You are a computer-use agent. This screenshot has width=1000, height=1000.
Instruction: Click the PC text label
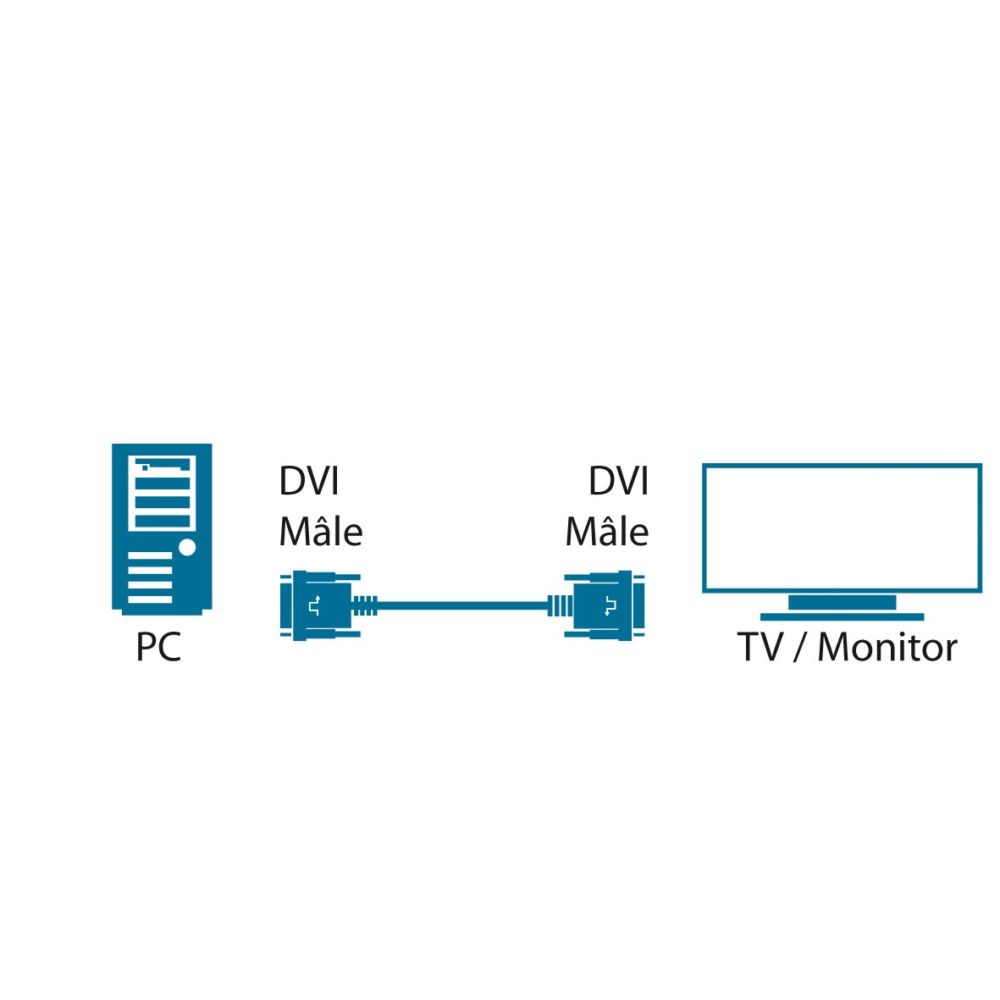pyautogui.click(x=158, y=649)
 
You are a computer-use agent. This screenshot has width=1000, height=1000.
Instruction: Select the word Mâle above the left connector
pyautogui.click(x=321, y=533)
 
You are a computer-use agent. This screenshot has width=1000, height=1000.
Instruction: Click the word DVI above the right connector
pyautogui.click(x=618, y=483)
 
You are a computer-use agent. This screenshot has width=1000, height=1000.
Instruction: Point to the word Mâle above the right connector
pyautogui.click(x=606, y=533)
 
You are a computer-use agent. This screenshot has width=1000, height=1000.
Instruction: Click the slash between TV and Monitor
pyautogui.click(x=800, y=648)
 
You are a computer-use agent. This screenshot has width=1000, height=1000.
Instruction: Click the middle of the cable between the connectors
pyautogui.click(x=462, y=605)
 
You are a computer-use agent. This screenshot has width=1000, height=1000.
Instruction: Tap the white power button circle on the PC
pyautogui.click(x=187, y=548)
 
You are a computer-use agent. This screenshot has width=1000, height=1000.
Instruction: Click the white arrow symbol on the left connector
pyautogui.click(x=314, y=605)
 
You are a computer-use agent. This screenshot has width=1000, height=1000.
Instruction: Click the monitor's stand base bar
pyautogui.click(x=842, y=617)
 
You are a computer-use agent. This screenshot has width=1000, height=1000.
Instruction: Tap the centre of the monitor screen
pyautogui.click(x=842, y=528)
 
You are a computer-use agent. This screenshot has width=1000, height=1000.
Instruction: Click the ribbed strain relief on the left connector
pyautogui.click(x=365, y=605)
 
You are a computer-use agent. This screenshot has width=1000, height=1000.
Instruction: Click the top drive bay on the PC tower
pyautogui.click(x=162, y=467)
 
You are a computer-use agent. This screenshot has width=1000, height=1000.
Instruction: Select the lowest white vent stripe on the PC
pyautogui.click(x=151, y=599)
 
